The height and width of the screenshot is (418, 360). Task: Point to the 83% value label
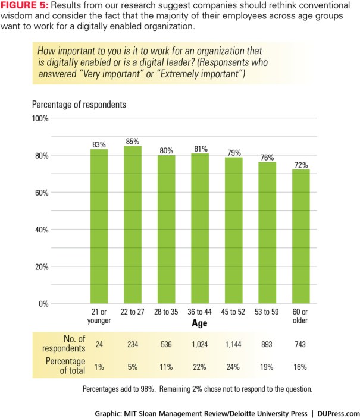tap(99, 144)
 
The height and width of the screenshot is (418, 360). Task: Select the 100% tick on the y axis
tap(40, 118)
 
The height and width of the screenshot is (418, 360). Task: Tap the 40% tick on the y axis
tap(42, 230)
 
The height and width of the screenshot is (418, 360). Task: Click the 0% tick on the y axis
tap(44, 303)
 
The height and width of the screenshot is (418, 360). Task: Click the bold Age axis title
tap(200, 324)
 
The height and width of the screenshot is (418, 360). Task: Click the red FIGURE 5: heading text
tap(24, 7)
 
